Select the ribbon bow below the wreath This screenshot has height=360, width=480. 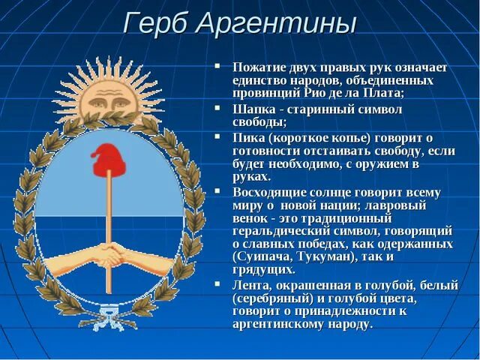pos(110,322)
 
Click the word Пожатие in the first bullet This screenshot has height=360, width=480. pos(259,67)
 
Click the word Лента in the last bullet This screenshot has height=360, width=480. pos(251,286)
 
